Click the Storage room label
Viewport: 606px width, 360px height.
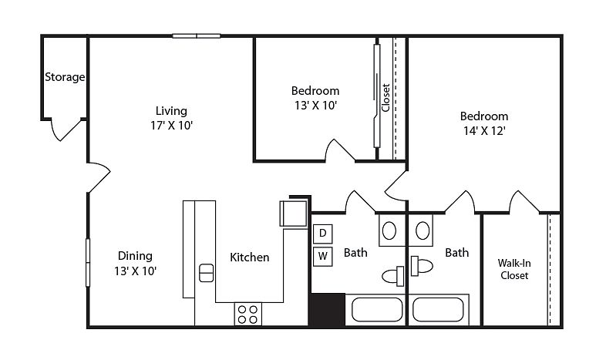65,77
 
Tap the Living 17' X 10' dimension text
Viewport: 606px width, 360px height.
171,125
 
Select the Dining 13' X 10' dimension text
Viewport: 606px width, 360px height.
135,271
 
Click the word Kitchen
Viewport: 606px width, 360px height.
249,257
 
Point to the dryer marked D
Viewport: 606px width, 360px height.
323,234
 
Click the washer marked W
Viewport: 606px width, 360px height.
323,256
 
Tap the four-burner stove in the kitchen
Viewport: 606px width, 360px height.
247,314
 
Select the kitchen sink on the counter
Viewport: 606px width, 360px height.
206,273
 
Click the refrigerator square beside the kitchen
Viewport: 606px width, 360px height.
293,214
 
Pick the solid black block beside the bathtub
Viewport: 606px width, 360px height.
328,310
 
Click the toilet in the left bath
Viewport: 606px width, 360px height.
393,276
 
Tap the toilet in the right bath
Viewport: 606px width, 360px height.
422,266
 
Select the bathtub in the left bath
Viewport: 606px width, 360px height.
377,309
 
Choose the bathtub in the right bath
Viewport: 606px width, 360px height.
438,309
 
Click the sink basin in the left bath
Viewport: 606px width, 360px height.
389,231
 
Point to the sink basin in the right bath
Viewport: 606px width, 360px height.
423,230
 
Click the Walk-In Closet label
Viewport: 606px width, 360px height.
514,269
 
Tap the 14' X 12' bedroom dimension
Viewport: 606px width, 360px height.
484,131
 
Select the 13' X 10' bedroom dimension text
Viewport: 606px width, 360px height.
316,105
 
